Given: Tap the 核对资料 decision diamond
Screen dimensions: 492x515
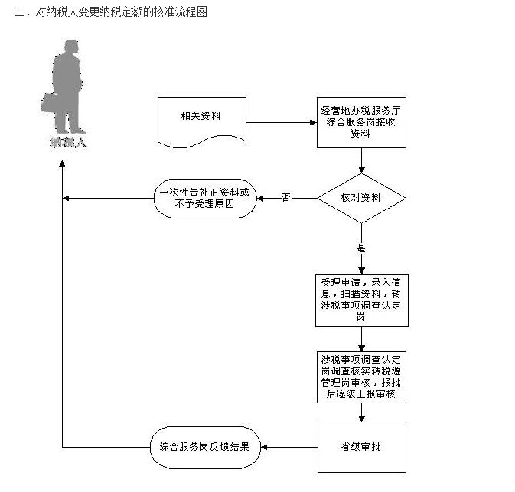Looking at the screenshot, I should tap(361, 198).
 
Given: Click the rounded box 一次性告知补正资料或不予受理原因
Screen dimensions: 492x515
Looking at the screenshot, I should tap(206, 199).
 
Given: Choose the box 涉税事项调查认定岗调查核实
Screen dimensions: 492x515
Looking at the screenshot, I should tap(361, 376).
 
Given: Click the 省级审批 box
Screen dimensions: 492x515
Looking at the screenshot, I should tap(361, 447).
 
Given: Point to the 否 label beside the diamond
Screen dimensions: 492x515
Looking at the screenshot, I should tap(285, 198).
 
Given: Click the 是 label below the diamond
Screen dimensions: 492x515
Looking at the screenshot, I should tap(361, 247).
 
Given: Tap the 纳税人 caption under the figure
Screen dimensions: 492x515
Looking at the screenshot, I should tap(67, 141).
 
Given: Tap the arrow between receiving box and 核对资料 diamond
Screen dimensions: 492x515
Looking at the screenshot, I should tap(361, 160).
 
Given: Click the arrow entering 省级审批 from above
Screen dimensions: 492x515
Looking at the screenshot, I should tap(361, 413).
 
